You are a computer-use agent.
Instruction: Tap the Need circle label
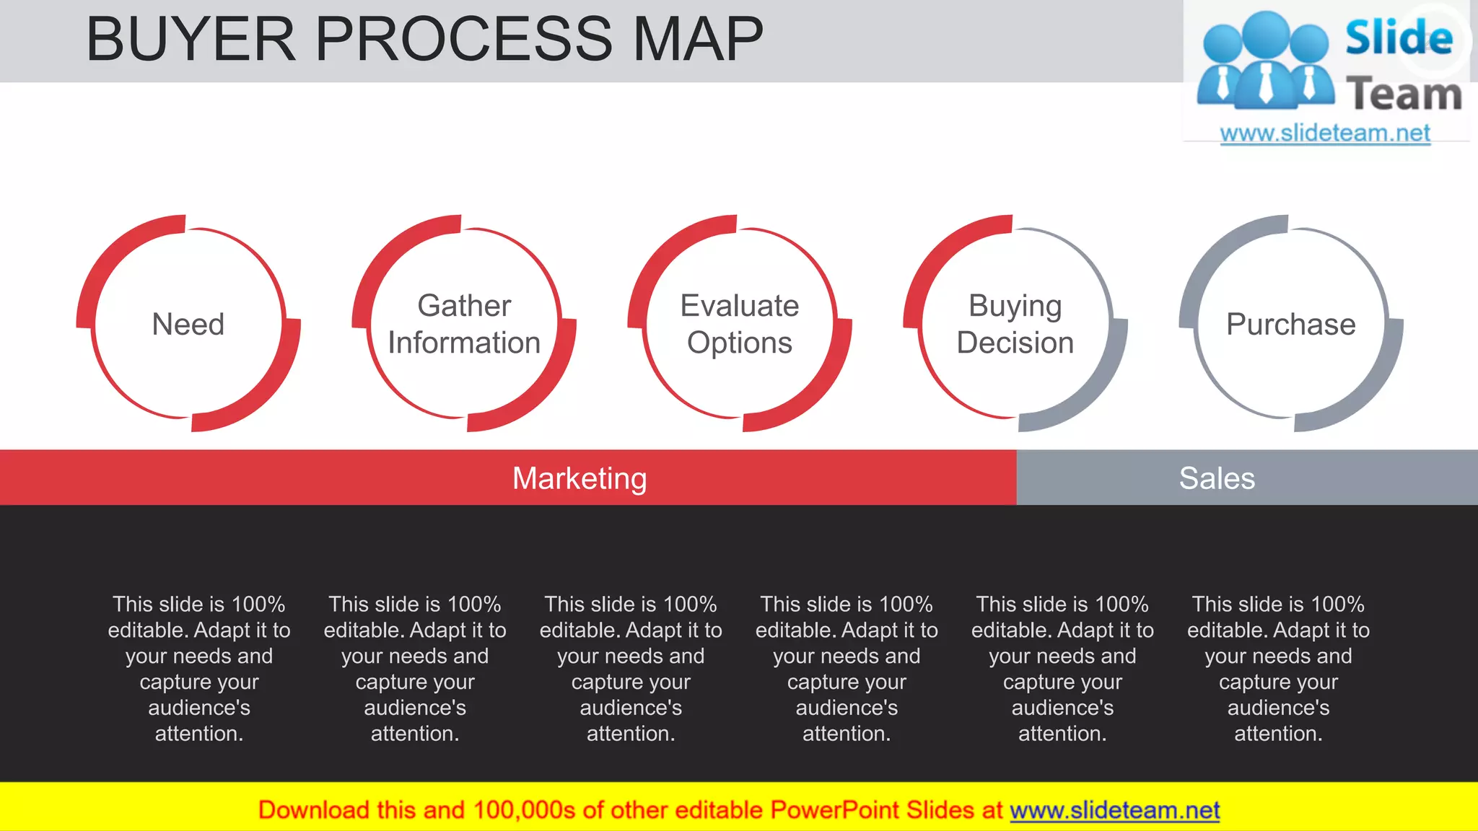188,325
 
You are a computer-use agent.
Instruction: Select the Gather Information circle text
464,325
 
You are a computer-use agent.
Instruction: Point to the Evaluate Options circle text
740,325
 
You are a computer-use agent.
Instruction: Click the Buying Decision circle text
1015,325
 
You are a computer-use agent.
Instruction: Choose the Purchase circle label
1291,325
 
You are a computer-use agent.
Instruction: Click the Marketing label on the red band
580,478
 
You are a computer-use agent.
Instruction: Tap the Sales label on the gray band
1217,478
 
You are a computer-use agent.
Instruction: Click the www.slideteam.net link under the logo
1325,133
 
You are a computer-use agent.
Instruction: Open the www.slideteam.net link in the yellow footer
1114,810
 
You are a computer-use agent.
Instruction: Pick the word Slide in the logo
1399,38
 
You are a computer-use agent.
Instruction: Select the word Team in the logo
1404,94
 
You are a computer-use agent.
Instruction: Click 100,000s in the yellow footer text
524,810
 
